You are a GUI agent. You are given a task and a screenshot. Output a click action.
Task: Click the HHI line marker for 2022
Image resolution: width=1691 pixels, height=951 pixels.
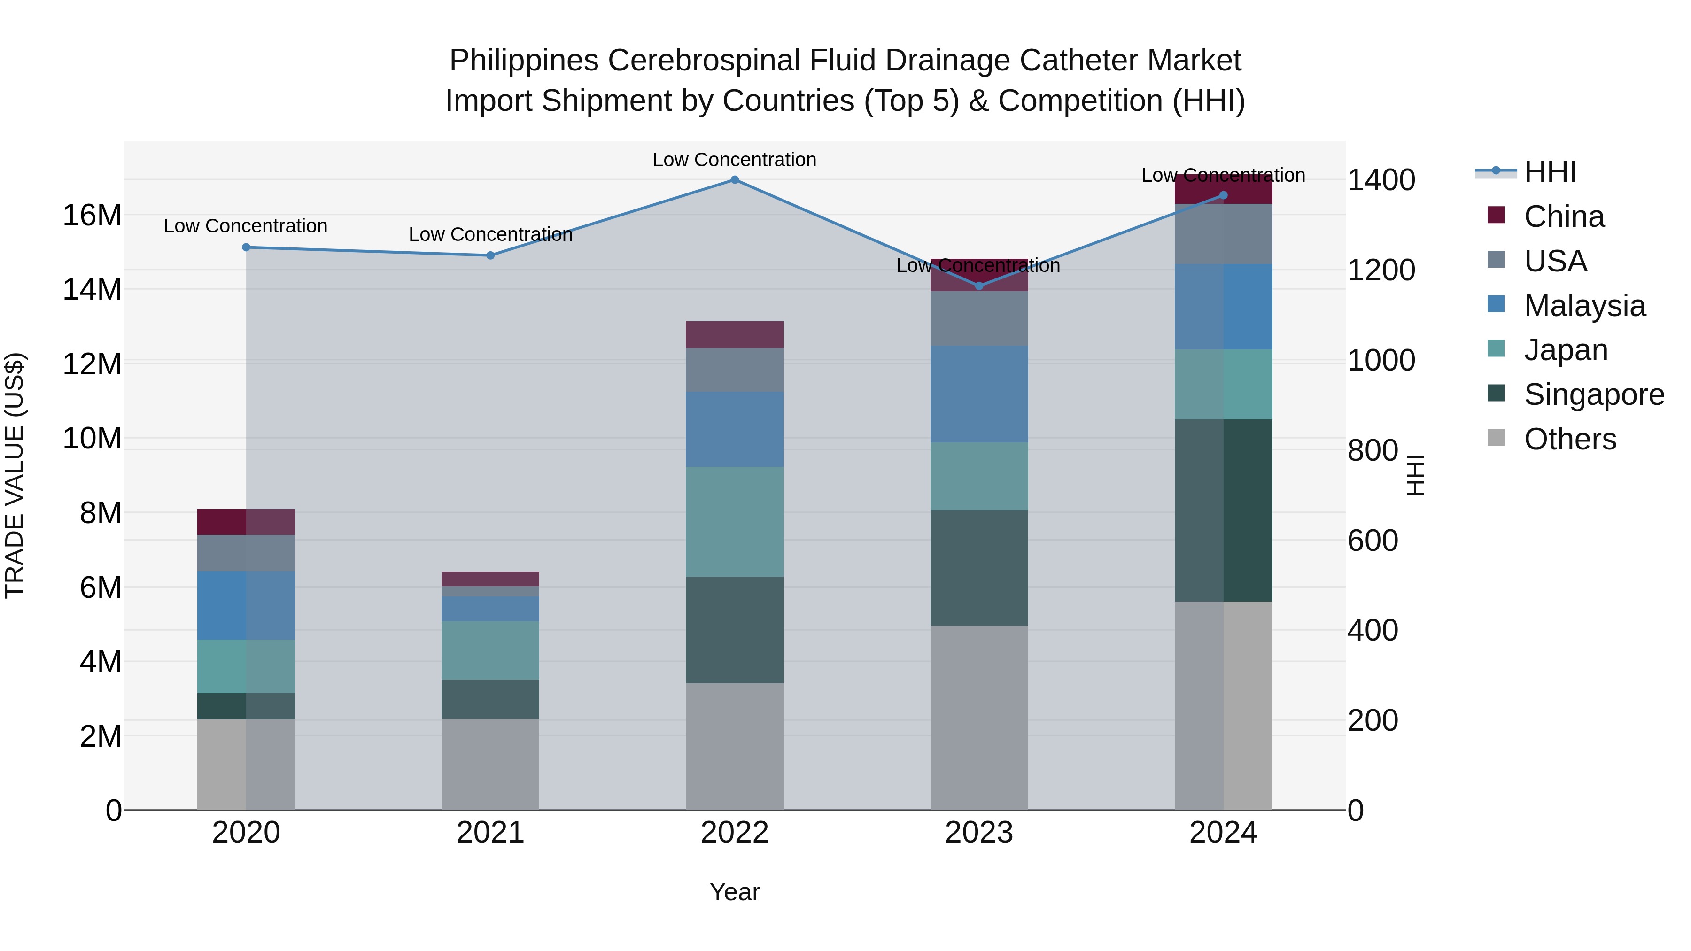click(735, 180)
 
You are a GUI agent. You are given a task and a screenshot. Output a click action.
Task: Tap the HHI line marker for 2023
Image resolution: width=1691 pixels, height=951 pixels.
click(979, 286)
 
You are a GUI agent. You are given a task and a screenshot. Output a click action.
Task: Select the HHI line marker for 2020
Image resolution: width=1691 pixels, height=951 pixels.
click(246, 247)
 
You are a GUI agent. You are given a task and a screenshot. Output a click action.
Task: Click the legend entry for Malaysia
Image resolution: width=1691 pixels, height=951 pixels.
click(1584, 306)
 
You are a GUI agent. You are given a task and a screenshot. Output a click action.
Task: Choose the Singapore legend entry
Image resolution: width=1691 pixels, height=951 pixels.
click(1594, 394)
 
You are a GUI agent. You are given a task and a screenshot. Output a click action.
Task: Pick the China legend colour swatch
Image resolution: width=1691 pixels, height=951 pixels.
click(1496, 215)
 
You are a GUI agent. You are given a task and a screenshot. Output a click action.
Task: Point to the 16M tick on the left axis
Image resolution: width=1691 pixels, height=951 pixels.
click(92, 215)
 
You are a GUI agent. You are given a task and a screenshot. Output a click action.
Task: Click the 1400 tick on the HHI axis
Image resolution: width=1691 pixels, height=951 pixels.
click(1381, 180)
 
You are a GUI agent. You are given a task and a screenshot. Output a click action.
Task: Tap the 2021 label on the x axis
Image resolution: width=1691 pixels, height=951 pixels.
click(490, 833)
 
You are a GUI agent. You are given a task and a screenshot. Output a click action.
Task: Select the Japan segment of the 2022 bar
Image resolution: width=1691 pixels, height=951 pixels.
click(735, 521)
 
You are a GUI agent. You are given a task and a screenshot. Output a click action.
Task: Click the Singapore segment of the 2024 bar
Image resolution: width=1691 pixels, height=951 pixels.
click(1223, 510)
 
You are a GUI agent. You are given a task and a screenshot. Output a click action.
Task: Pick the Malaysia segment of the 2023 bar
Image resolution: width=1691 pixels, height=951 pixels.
click(979, 394)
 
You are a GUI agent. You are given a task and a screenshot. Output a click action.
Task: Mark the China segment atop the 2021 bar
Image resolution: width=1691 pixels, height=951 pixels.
click(490, 579)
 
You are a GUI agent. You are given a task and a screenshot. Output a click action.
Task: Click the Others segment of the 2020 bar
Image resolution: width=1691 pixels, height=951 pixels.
click(246, 765)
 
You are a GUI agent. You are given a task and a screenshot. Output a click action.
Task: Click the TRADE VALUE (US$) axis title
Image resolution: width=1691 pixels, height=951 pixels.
click(15, 475)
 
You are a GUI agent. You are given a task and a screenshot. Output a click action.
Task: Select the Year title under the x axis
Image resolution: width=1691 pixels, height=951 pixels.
click(735, 892)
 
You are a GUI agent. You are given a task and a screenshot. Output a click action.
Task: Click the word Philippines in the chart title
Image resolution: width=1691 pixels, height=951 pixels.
click(524, 61)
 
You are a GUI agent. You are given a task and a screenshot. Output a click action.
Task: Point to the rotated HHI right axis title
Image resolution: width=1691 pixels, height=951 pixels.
click(1415, 475)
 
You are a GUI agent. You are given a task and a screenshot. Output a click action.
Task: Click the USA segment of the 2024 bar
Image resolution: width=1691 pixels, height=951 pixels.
click(1223, 234)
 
